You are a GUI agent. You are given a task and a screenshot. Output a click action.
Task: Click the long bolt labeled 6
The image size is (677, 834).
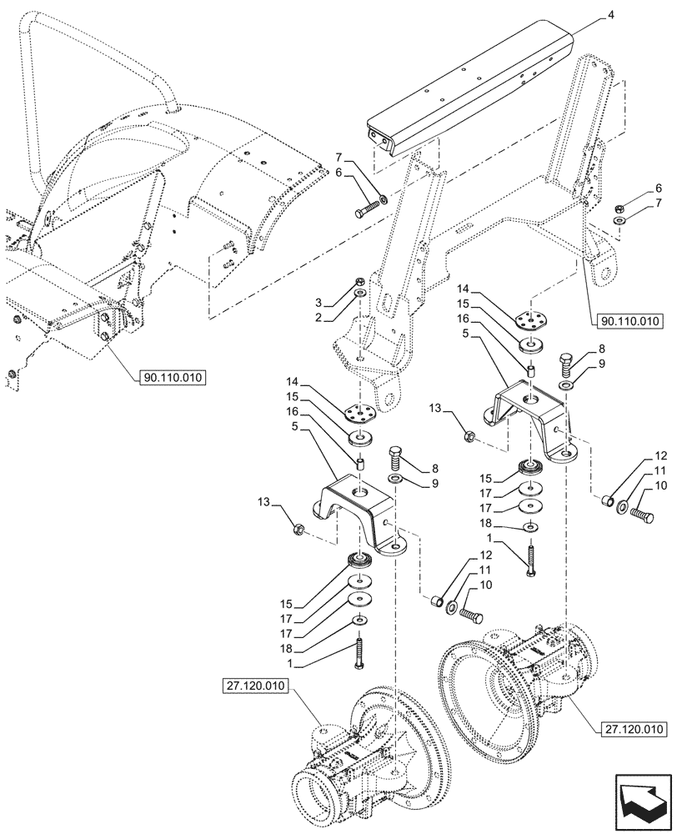coord(367,206)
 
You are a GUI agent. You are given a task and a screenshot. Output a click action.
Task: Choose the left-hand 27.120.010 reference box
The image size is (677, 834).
coord(258,686)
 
